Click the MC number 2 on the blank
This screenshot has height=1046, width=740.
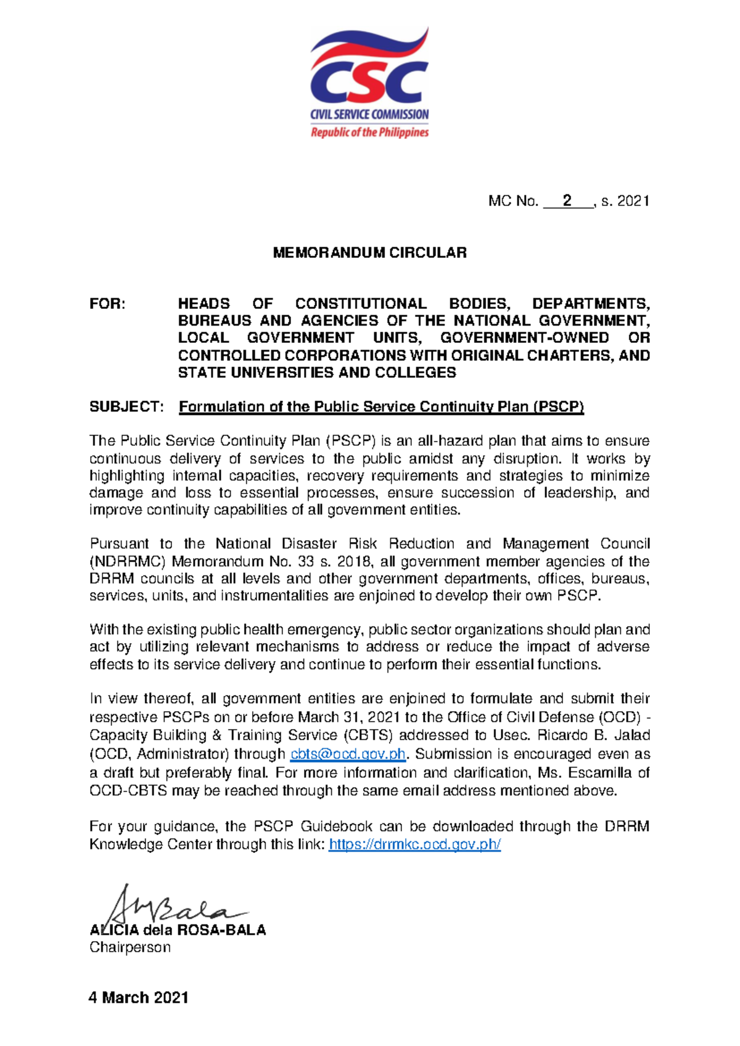pyautogui.click(x=567, y=200)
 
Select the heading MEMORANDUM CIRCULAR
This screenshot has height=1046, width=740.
pyautogui.click(x=369, y=253)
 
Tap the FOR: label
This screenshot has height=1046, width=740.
pyautogui.click(x=107, y=304)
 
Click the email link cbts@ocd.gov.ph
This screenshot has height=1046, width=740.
pyautogui.click(x=348, y=754)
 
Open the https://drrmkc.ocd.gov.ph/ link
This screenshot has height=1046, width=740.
pyautogui.click(x=414, y=844)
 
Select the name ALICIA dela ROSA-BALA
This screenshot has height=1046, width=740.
pyautogui.click(x=178, y=930)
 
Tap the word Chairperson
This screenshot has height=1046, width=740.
pyautogui.click(x=130, y=947)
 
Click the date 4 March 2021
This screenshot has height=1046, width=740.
pyautogui.click(x=139, y=997)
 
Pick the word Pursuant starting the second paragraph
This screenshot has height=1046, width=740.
pyautogui.click(x=119, y=544)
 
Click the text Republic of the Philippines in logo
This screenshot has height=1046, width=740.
pyautogui.click(x=369, y=133)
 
